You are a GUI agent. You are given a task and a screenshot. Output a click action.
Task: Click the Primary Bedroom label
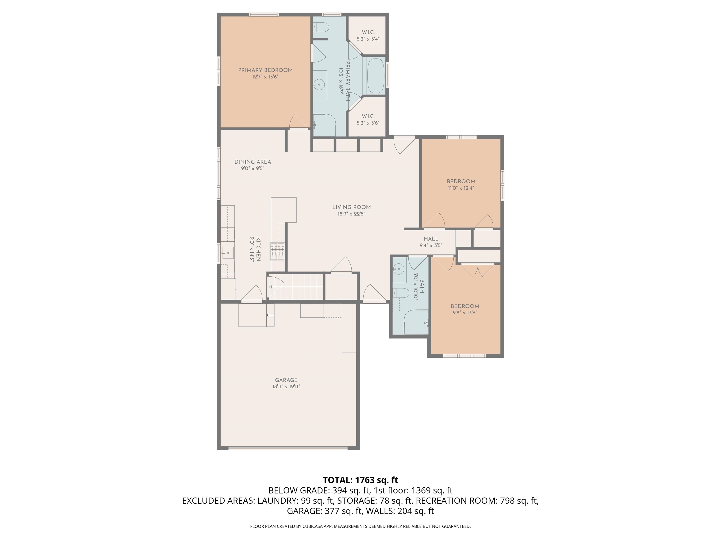[265, 70]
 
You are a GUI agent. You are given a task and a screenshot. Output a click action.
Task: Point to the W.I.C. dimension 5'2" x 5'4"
[368, 39]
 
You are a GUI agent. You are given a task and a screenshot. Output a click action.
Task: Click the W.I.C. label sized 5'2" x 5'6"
[368, 116]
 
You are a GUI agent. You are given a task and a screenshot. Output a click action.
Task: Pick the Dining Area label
[253, 162]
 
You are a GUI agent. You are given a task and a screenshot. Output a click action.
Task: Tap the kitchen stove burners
[277, 252]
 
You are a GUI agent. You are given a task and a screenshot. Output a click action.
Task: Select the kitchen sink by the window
[227, 252]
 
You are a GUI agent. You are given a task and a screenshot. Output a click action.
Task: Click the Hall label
[431, 239]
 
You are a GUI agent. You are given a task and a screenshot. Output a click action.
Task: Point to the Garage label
[286, 380]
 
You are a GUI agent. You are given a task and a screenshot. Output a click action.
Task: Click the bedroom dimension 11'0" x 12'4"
[460, 188]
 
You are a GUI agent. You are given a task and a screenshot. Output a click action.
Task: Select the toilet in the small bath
[402, 294]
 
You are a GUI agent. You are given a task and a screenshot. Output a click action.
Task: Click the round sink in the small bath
[398, 269]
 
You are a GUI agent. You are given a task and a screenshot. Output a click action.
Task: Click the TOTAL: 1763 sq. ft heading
[360, 480]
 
